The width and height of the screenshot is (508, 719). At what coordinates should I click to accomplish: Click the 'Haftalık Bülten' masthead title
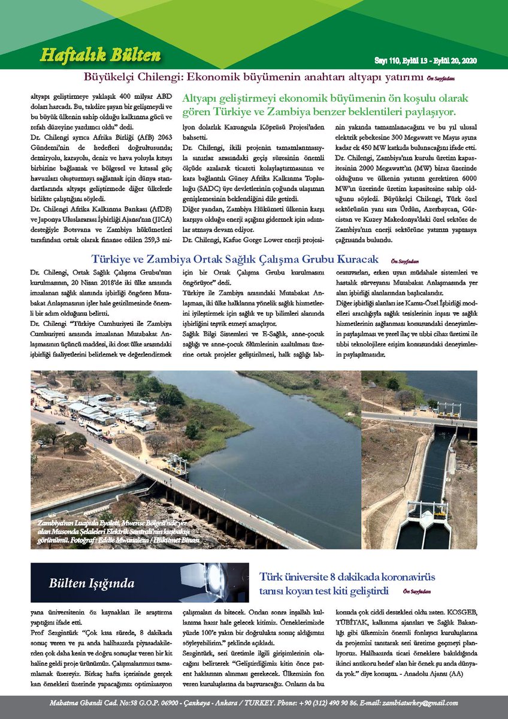100,56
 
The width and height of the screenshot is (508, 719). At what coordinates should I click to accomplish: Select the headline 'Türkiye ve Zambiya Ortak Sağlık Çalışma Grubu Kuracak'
235,259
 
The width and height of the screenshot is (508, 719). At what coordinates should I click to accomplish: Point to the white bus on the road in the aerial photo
95,430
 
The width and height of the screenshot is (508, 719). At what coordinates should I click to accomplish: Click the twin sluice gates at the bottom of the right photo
423,525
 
